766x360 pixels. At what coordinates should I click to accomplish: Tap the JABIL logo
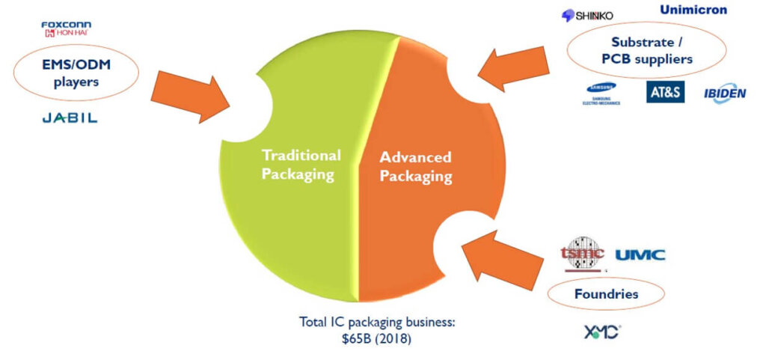click(x=69, y=118)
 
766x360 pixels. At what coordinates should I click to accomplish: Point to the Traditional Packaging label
click(x=301, y=165)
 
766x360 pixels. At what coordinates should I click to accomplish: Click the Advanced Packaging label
click(x=415, y=167)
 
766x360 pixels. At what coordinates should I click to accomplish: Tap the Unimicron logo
click(x=693, y=10)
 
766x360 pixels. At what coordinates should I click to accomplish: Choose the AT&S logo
click(x=665, y=91)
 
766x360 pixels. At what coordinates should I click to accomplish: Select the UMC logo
click(x=640, y=255)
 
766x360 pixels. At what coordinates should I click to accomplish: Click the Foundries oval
click(x=606, y=294)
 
